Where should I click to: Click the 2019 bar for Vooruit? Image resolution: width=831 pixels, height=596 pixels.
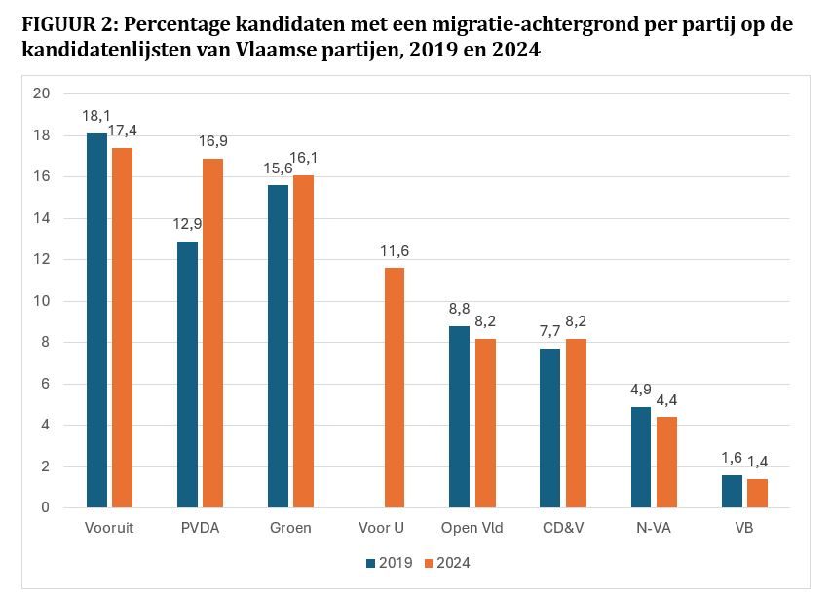[96, 320]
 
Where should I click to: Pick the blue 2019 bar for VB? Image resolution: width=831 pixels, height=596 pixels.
[732, 491]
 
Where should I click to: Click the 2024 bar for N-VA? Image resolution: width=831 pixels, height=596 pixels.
[666, 462]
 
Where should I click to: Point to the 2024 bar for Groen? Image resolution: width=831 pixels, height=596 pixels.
[303, 341]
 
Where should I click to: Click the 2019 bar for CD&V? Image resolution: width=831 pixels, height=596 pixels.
[550, 428]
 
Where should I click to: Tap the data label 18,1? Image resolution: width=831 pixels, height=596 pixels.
[96, 116]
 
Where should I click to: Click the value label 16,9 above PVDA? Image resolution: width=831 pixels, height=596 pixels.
[213, 141]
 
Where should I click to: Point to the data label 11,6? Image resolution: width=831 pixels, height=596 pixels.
[394, 251]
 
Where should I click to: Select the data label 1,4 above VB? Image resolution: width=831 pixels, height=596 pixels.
[757, 462]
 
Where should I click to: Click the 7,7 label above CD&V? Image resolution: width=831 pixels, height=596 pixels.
[550, 331]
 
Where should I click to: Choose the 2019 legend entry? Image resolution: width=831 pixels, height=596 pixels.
[389, 563]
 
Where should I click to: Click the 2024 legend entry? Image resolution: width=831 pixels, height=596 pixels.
[447, 563]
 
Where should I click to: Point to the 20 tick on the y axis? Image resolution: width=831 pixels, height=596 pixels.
[41, 93]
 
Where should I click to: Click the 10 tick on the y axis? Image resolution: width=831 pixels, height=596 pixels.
[41, 301]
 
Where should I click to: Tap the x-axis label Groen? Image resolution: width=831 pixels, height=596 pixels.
[290, 528]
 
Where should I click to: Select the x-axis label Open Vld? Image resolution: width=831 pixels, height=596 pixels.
[472, 528]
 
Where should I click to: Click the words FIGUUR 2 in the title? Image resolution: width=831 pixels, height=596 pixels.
[66, 25]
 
